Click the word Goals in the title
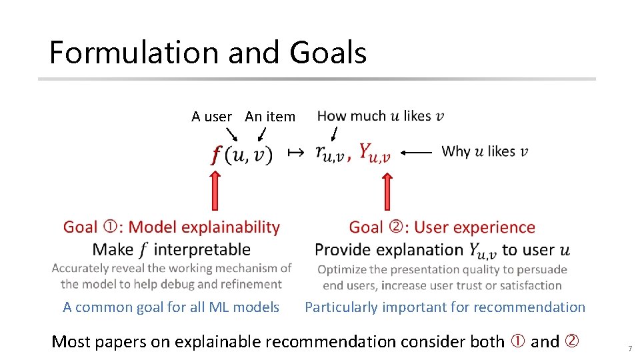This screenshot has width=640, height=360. tap(327, 53)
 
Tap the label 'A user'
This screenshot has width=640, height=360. tap(211, 117)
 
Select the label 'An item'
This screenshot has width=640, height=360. tap(270, 117)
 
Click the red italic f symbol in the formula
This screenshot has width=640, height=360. tap(216, 155)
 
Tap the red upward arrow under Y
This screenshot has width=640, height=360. tap(387, 190)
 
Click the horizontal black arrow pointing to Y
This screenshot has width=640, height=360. tap(417, 152)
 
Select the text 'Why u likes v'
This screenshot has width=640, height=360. tap(485, 151)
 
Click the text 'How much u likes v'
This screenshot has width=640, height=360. tap(381, 116)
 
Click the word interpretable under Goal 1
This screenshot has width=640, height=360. tap(203, 250)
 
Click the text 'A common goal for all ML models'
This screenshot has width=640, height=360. tap(171, 307)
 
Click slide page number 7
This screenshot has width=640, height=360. tap(629, 349)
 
